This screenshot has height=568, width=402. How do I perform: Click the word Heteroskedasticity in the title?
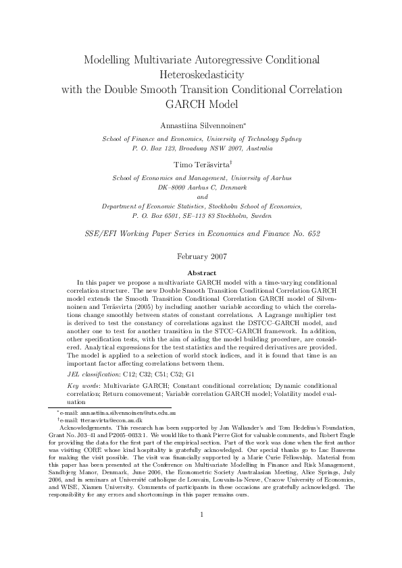click(201, 74)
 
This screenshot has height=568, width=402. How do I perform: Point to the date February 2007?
click(201, 256)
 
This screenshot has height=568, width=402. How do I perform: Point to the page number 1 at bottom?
click(201, 534)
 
